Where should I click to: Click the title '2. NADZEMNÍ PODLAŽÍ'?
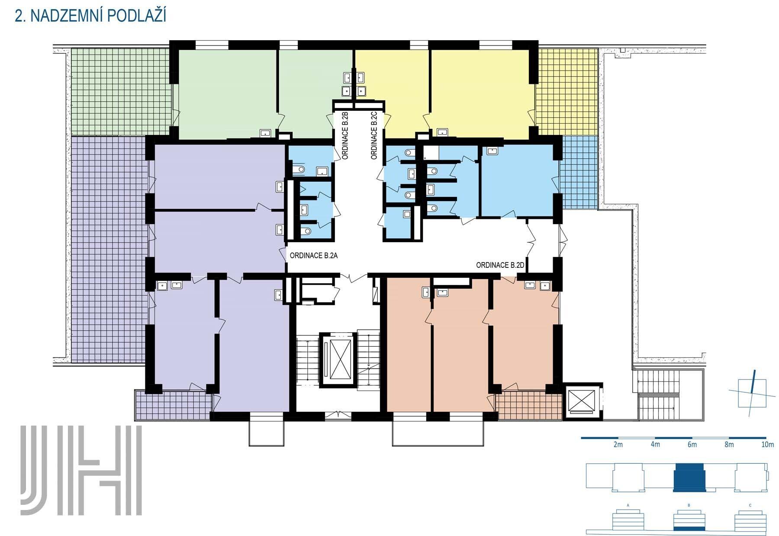[90, 16]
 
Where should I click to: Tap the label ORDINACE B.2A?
[313, 256]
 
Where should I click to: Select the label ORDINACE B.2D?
[500, 265]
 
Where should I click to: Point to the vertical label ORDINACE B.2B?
[345, 136]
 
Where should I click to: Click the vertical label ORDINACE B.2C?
[374, 136]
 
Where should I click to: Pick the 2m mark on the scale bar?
[618, 444]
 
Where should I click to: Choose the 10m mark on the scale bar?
[767, 444]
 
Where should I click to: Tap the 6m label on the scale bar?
[692, 444]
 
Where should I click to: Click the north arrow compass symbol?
[752, 393]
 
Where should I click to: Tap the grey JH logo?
[81, 470]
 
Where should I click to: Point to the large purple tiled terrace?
[108, 249]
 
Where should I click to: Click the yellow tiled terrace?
[567, 92]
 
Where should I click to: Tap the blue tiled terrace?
[579, 172]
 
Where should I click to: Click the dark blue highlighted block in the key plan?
[689, 478]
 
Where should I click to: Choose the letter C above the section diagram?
[750, 505]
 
